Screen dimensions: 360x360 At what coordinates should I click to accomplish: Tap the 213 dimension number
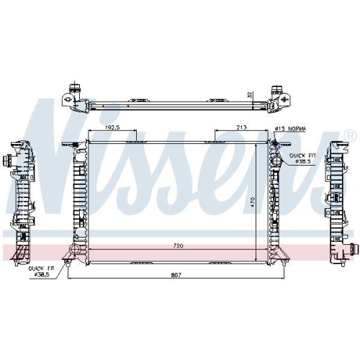coord(243,128)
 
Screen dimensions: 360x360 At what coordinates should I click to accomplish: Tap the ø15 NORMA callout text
coord(290,128)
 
